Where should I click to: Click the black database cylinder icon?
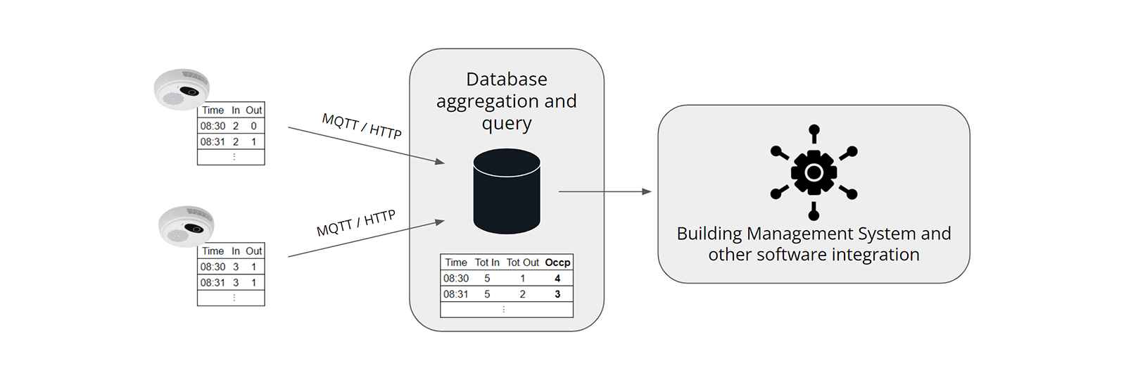(507, 191)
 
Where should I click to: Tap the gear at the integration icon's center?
(814, 172)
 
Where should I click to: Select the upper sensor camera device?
(182, 89)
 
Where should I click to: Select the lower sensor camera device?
(186, 226)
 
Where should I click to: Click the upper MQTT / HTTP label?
(362, 126)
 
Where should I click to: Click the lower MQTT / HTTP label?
(356, 223)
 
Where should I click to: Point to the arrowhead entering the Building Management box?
(647, 191)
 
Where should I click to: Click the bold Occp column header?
(557, 263)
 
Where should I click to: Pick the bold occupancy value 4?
(557, 279)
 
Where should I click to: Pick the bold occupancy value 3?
(557, 294)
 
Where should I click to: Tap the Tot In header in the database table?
(487, 262)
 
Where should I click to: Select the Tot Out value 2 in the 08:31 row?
(523, 294)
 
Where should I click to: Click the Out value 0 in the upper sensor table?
(254, 126)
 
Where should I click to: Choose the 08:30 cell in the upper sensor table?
(213, 126)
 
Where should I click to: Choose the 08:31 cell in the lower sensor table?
(213, 283)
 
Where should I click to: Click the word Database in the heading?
(507, 80)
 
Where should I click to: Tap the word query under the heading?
(507, 124)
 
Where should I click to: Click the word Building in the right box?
(709, 234)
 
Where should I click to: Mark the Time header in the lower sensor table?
(213, 251)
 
